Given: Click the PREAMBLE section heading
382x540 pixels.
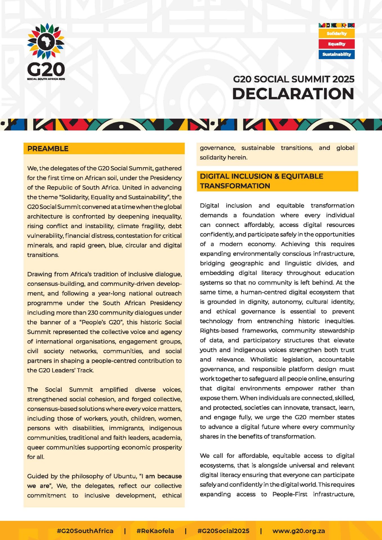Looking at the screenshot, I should click(48, 148).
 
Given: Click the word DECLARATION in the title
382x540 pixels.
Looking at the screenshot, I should click(293, 94).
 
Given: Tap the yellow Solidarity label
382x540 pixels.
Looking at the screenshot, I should click(336, 33).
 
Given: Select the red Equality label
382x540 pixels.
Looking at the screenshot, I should click(336, 44).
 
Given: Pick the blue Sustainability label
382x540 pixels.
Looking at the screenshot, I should click(336, 54).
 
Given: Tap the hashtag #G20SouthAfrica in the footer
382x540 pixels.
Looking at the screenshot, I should click(85, 531).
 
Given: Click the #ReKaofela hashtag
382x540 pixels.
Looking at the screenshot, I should click(155, 531).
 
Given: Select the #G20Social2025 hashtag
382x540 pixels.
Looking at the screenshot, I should click(223, 531).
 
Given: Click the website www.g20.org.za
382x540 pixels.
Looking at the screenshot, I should click(298, 531).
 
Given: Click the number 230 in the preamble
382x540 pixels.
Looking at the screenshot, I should click(93, 313).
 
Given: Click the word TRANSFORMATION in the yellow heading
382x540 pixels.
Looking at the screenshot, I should click(235, 186).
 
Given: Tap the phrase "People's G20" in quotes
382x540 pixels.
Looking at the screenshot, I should click(101, 322).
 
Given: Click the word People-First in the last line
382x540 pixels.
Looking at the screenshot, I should click(290, 494).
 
